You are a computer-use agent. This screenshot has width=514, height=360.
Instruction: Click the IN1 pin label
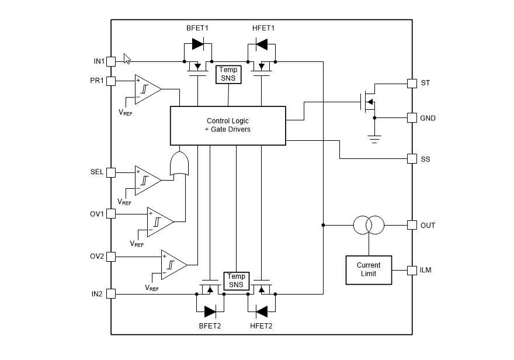coord(98,61)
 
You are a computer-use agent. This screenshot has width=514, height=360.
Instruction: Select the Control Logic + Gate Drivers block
coord(228,125)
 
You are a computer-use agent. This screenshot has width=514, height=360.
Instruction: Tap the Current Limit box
coord(369,269)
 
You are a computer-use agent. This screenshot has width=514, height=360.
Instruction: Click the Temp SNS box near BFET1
coord(228,74)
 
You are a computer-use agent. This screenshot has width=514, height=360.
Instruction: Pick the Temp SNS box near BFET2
coord(237,281)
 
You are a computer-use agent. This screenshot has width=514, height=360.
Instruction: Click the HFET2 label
coord(261,326)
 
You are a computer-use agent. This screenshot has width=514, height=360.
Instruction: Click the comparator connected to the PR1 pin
coord(147,89)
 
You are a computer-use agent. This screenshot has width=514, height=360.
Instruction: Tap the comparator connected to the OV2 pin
coord(173,265)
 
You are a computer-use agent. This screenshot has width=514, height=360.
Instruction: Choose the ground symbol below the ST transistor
coord(374,138)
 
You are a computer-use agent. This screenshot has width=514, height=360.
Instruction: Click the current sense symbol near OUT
coord(369,224)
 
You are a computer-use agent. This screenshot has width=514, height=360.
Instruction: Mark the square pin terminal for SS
coord(411,158)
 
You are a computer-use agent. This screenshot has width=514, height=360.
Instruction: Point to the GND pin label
coord(428,118)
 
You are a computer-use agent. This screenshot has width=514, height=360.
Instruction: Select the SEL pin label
coord(97,172)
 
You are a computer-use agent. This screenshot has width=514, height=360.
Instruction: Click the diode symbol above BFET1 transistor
coord(197,44)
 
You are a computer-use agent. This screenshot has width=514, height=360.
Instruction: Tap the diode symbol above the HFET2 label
coord(261,310)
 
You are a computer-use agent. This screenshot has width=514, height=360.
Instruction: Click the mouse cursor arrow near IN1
coord(127,58)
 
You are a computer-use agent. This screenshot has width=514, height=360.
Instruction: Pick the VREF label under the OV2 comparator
coord(152,288)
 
